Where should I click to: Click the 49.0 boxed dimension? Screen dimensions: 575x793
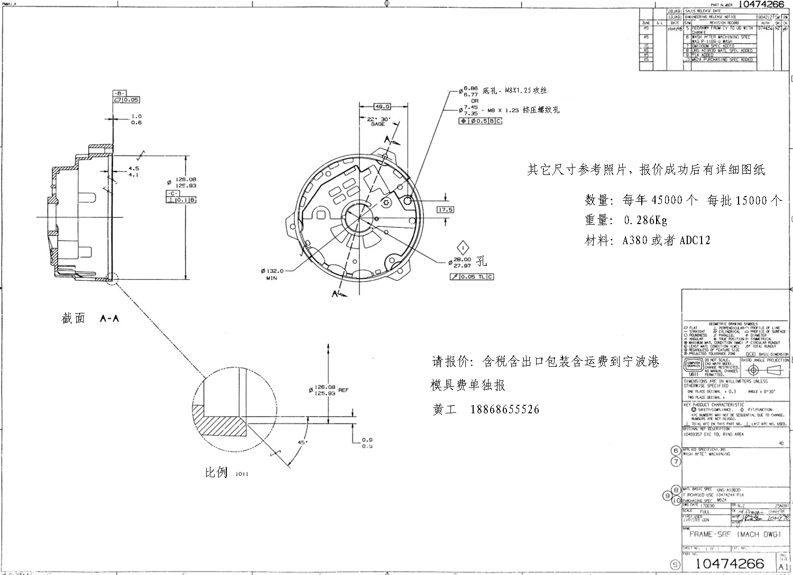point(382,107)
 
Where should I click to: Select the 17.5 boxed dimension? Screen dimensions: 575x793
point(445,210)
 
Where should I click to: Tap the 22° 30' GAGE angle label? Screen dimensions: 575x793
point(378,122)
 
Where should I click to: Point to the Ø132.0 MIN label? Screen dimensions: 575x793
point(272,274)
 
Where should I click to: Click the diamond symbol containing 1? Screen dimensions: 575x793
point(464,247)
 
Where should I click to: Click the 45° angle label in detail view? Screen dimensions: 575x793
point(302,442)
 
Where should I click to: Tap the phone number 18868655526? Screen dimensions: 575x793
point(505,410)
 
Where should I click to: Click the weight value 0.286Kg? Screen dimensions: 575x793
point(646,220)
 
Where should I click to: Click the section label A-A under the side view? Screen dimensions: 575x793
point(109,318)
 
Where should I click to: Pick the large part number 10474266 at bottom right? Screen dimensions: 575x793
point(730,562)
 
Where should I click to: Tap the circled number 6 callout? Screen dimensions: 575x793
point(676,450)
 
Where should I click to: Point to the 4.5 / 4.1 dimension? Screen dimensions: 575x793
point(133,172)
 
